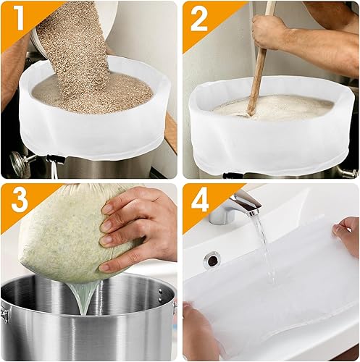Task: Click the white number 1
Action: (19, 18)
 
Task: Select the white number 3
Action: (20, 200)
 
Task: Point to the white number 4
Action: (200, 200)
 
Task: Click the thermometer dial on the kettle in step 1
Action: (17, 161)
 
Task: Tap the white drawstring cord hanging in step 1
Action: (54, 170)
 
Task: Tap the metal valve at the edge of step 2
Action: (350, 173)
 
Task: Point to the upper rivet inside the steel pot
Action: (161, 291)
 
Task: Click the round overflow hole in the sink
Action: (212, 260)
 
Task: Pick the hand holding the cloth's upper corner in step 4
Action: (346, 235)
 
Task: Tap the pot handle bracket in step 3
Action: (5, 313)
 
